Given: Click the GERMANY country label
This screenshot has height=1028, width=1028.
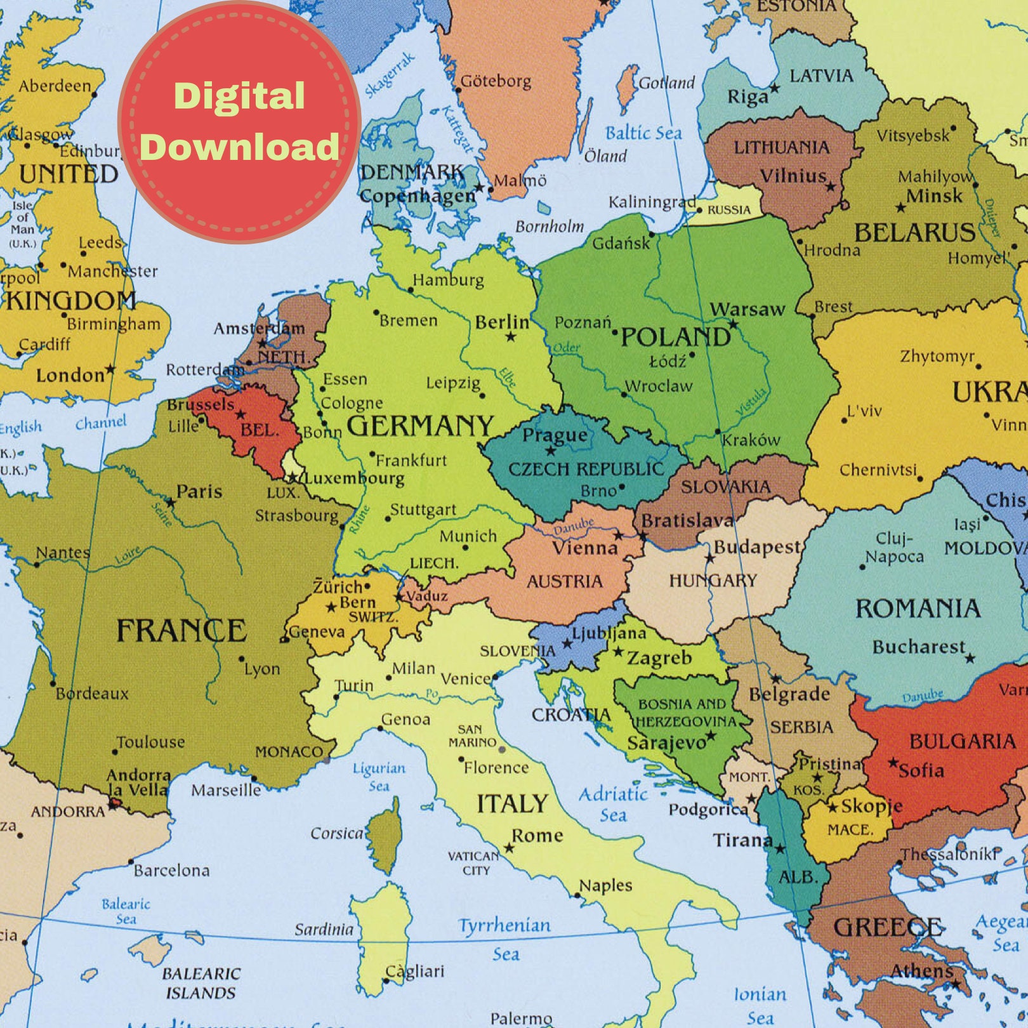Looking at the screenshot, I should point(419,426).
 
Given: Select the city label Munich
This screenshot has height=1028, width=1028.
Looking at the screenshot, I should point(468,536).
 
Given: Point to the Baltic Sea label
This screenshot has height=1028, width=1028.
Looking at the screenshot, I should point(643,133).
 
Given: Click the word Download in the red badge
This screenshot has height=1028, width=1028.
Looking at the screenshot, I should point(240,147).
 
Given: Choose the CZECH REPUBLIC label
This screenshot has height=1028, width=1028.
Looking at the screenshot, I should point(586,470).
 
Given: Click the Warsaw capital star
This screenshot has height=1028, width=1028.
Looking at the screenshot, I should point(733,324).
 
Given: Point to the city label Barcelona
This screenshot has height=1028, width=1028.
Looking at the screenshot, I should point(171,870).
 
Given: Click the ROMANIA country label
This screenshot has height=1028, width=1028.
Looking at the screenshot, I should point(918,609).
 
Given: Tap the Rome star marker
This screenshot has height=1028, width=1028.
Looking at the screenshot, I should point(509,848).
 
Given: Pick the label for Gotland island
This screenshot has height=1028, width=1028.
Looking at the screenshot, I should point(666,83).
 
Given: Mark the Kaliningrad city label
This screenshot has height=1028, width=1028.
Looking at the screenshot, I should point(652,202).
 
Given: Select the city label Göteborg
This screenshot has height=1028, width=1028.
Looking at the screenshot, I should point(496,81).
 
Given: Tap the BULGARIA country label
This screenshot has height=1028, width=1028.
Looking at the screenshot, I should point(962,741).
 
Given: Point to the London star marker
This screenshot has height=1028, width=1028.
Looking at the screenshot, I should point(111,369).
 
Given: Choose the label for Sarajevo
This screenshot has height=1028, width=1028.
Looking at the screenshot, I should point(666,742).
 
